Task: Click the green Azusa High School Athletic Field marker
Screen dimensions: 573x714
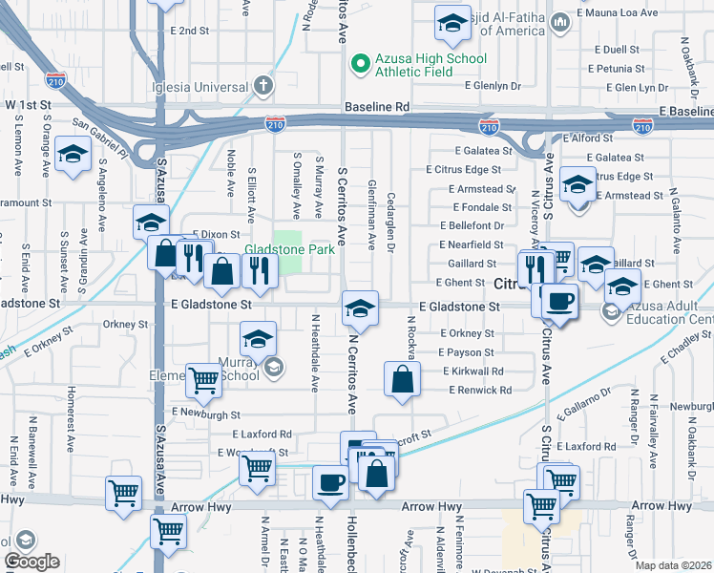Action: (359, 65)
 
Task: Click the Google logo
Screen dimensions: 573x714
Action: (31, 562)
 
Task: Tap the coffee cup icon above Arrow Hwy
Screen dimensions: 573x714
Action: (330, 483)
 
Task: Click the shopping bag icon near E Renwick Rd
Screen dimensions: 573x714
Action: (402, 380)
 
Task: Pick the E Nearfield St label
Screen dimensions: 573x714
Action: (477, 244)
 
